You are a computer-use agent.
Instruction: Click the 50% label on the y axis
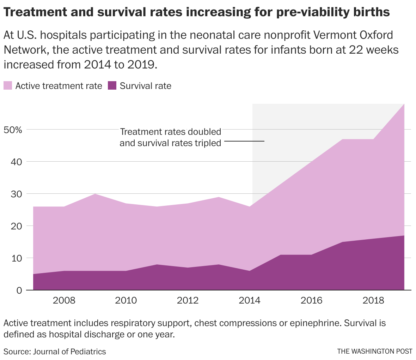point(13,130)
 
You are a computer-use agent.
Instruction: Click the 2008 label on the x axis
point(64,301)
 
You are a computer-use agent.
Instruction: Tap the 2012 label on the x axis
point(188,301)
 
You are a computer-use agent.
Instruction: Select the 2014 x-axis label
point(250,301)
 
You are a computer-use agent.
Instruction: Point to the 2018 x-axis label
point(373,301)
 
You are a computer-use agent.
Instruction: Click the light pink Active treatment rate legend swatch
point(8,86)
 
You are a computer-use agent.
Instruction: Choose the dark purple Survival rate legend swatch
point(112,86)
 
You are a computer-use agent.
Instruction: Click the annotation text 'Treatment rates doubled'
point(170,132)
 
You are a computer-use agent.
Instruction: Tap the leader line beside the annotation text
point(244,142)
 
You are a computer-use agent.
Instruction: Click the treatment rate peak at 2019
point(404,104)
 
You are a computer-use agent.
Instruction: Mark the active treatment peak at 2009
point(95,194)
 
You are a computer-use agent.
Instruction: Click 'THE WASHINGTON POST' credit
point(374,352)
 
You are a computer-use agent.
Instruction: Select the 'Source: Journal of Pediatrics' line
point(55,352)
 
